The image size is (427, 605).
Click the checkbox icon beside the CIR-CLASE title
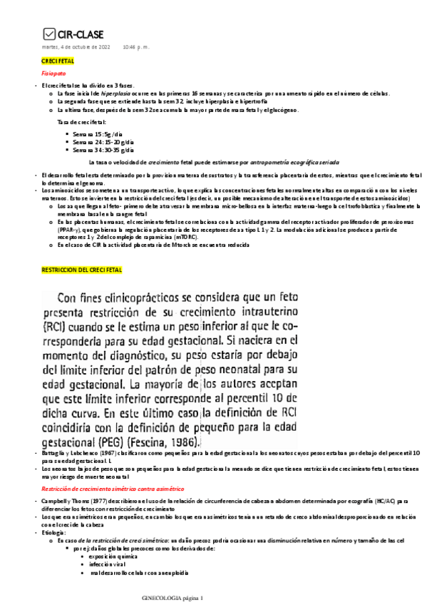click(x=49, y=33)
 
